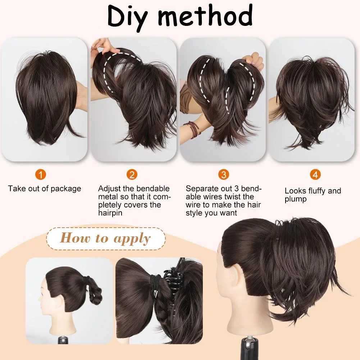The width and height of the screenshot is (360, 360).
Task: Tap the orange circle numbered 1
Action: [x=41, y=174]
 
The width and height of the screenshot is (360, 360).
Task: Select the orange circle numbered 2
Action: [x=132, y=174]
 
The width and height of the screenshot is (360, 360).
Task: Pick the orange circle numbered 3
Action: [x=224, y=174]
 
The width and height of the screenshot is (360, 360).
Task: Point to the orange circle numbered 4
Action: [x=315, y=174]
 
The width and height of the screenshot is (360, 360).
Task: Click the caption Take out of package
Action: [x=45, y=189]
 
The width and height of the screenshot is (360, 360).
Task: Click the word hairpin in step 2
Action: [x=110, y=213]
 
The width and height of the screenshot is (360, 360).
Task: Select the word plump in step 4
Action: [x=296, y=199]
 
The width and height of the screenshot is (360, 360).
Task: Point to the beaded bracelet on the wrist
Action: [x=192, y=129]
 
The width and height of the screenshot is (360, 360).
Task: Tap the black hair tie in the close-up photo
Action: [x=155, y=282]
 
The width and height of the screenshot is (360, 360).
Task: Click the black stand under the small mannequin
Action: [x=62, y=340]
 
